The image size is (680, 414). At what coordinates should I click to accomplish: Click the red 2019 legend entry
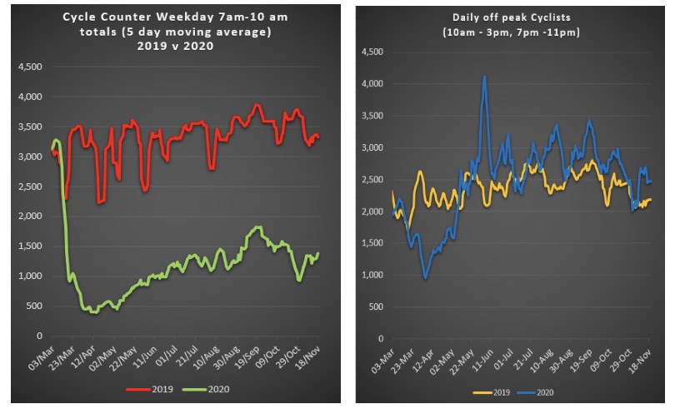click(x=152, y=388)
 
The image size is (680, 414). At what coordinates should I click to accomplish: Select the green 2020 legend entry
click(x=208, y=388)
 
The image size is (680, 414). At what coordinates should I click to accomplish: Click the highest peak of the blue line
click(x=484, y=77)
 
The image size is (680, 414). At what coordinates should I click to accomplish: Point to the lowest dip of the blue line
click(x=425, y=277)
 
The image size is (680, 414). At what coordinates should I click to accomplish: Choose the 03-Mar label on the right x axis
click(x=382, y=359)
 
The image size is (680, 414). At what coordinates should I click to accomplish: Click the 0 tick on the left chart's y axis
click(x=39, y=336)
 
